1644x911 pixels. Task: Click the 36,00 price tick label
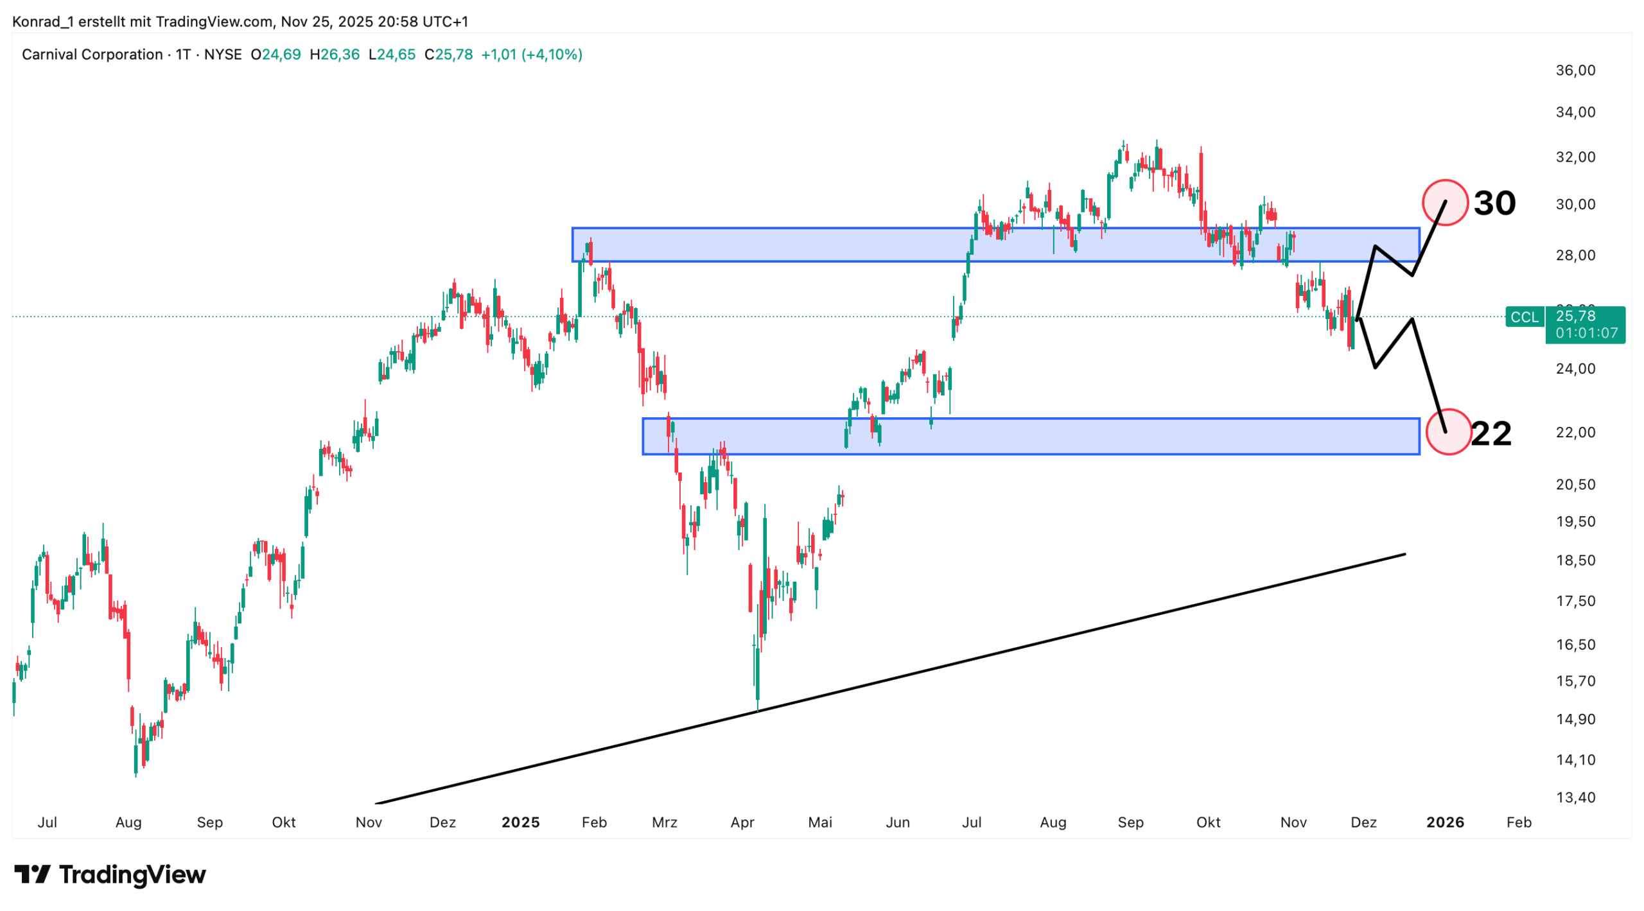[1575, 70]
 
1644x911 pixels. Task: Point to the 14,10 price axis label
[1575, 759]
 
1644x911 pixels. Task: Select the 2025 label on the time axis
[520, 822]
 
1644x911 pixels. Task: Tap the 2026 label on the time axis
[1445, 822]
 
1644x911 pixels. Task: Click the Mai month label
[819, 822]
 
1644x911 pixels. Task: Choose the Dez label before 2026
[1363, 822]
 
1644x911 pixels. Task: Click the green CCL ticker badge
[1524, 317]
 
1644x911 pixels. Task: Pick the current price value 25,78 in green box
[1575, 316]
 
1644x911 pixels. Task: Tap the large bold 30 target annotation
[1494, 203]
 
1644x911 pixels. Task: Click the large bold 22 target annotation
[1491, 433]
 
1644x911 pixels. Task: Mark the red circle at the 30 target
[1445, 203]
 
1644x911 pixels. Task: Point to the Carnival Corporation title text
[92, 55]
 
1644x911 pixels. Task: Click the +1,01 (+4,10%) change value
[531, 55]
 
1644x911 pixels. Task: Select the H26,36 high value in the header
[334, 55]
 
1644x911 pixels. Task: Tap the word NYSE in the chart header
[222, 55]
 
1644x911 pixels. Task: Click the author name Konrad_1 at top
[43, 21]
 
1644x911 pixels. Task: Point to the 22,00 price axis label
[1575, 432]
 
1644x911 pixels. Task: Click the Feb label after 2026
[1519, 822]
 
